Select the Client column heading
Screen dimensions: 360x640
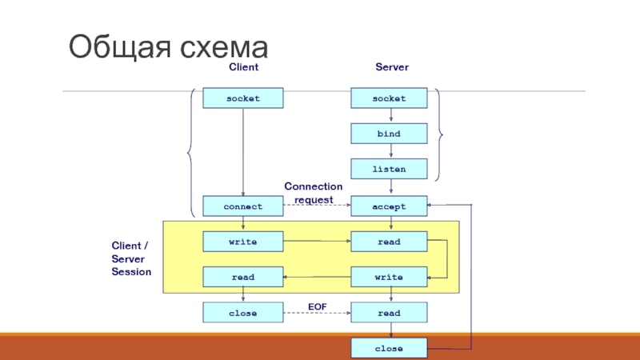click(244, 68)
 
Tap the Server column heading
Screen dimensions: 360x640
click(392, 68)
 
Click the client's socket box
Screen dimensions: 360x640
click(243, 98)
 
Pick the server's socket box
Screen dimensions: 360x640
click(390, 98)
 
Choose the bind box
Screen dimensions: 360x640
click(390, 134)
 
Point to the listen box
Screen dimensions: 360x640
click(390, 169)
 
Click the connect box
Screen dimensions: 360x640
click(243, 206)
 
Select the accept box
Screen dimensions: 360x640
click(390, 206)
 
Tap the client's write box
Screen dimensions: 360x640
click(243, 241)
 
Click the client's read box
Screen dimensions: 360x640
click(243, 277)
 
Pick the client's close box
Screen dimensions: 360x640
click(243, 313)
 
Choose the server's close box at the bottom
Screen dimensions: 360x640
click(390, 349)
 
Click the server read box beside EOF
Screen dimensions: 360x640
click(390, 313)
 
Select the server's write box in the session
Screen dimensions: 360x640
click(390, 277)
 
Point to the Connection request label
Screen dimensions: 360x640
click(314, 193)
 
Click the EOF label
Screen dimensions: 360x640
click(318, 306)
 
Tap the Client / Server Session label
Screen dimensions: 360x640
click(130, 258)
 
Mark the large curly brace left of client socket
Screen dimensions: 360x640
click(190, 152)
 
